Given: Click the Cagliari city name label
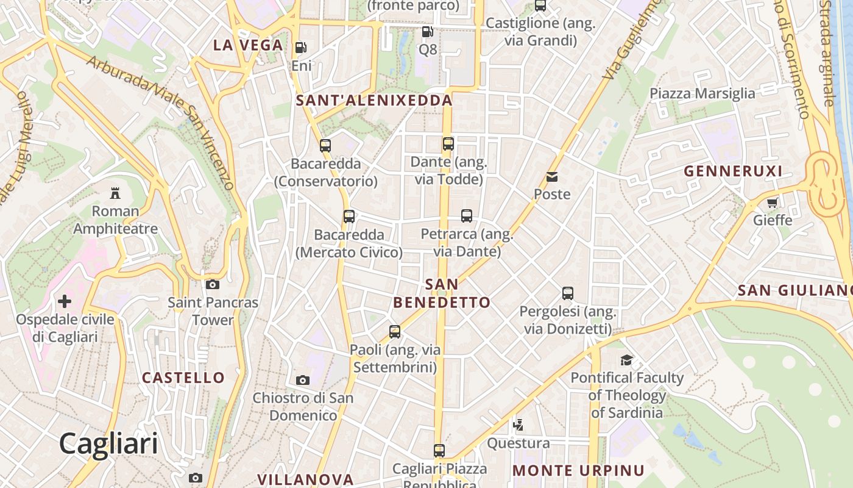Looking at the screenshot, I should (108, 443).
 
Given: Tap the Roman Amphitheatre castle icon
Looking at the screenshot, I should (115, 193).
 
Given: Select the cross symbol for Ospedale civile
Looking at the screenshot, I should (65, 301).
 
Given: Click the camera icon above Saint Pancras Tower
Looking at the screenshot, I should (213, 284).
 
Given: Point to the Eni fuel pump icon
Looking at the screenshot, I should (301, 48).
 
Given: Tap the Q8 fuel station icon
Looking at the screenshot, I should (428, 32).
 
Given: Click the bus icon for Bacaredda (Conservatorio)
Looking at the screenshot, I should (325, 146).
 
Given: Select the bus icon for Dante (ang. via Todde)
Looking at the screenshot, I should (448, 144).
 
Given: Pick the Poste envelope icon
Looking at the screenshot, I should (552, 177).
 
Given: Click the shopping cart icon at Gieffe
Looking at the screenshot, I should (773, 203).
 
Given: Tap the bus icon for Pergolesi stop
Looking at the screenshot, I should (568, 293).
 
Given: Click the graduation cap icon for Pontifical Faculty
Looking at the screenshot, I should (626, 360).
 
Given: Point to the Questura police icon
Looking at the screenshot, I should (519, 425).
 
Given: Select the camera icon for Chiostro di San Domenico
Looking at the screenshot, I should (303, 380).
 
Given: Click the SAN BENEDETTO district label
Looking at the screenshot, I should (442, 293).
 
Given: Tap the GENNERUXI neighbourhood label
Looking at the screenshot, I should (733, 171).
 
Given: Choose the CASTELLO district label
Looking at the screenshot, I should (183, 378).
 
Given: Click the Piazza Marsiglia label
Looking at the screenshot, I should (702, 93).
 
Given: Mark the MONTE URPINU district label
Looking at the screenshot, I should (578, 470).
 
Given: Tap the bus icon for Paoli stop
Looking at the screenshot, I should (395, 332).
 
